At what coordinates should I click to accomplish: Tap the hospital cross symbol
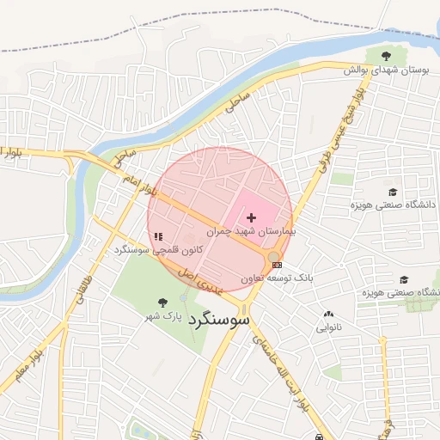point(251,218)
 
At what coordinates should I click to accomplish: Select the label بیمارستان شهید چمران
point(251,232)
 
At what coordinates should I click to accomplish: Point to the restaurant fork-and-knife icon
point(158,235)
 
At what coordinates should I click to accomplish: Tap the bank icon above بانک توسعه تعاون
point(276,265)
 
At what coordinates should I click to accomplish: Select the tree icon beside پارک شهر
point(163,302)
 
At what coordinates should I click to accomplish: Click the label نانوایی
point(328,327)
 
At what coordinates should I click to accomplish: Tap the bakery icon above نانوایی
point(328,315)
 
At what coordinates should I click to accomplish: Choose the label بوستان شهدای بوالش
point(386,70)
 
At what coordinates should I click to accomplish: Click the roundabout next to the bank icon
point(274,256)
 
